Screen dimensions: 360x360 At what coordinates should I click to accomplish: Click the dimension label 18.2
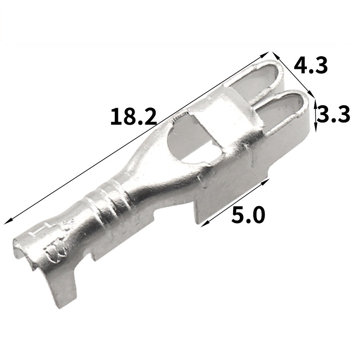click(134, 117)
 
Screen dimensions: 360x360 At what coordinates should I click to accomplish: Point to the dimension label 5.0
click(248, 215)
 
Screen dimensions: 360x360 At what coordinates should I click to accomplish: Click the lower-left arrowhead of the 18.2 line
click(7, 222)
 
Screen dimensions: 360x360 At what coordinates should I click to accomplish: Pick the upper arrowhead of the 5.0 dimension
click(265, 182)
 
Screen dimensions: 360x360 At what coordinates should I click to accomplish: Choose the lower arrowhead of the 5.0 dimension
click(204, 224)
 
